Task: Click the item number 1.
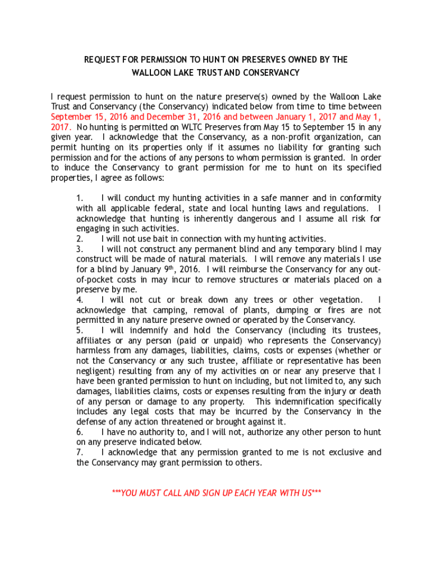click(80, 198)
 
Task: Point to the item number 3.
click(80, 249)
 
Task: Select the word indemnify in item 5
click(150, 330)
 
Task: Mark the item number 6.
click(80, 432)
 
